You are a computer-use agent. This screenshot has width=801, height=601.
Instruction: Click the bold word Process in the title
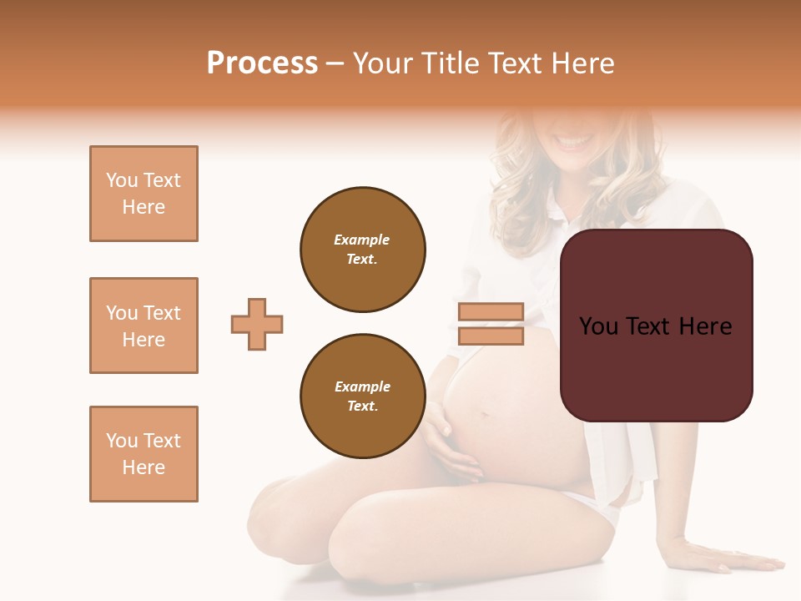(x=262, y=63)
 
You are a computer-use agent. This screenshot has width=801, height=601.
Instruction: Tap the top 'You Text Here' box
(x=144, y=194)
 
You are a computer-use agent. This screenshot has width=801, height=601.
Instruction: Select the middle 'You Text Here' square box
(x=144, y=326)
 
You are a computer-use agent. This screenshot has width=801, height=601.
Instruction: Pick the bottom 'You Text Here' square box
(x=144, y=454)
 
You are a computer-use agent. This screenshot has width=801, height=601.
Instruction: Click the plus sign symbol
(x=257, y=324)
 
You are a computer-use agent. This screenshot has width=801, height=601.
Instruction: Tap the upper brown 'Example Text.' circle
(x=363, y=250)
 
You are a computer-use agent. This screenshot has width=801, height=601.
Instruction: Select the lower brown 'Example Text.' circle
(x=363, y=396)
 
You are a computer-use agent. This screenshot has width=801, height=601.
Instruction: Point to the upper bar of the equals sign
(x=491, y=312)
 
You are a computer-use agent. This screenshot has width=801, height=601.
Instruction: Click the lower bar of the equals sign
(x=491, y=336)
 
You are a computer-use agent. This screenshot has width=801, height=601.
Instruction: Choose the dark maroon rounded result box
(x=657, y=326)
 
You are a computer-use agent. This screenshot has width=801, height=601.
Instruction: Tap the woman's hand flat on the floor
(x=718, y=557)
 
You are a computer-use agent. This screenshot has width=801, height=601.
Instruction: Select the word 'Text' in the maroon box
(x=656, y=326)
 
